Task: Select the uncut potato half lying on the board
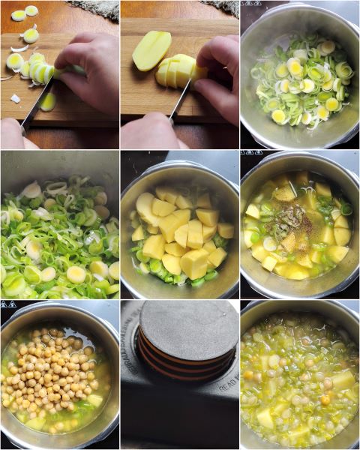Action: pos(151,49)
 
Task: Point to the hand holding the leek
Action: pos(90,71)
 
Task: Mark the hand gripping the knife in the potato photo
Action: pos(150,133)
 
